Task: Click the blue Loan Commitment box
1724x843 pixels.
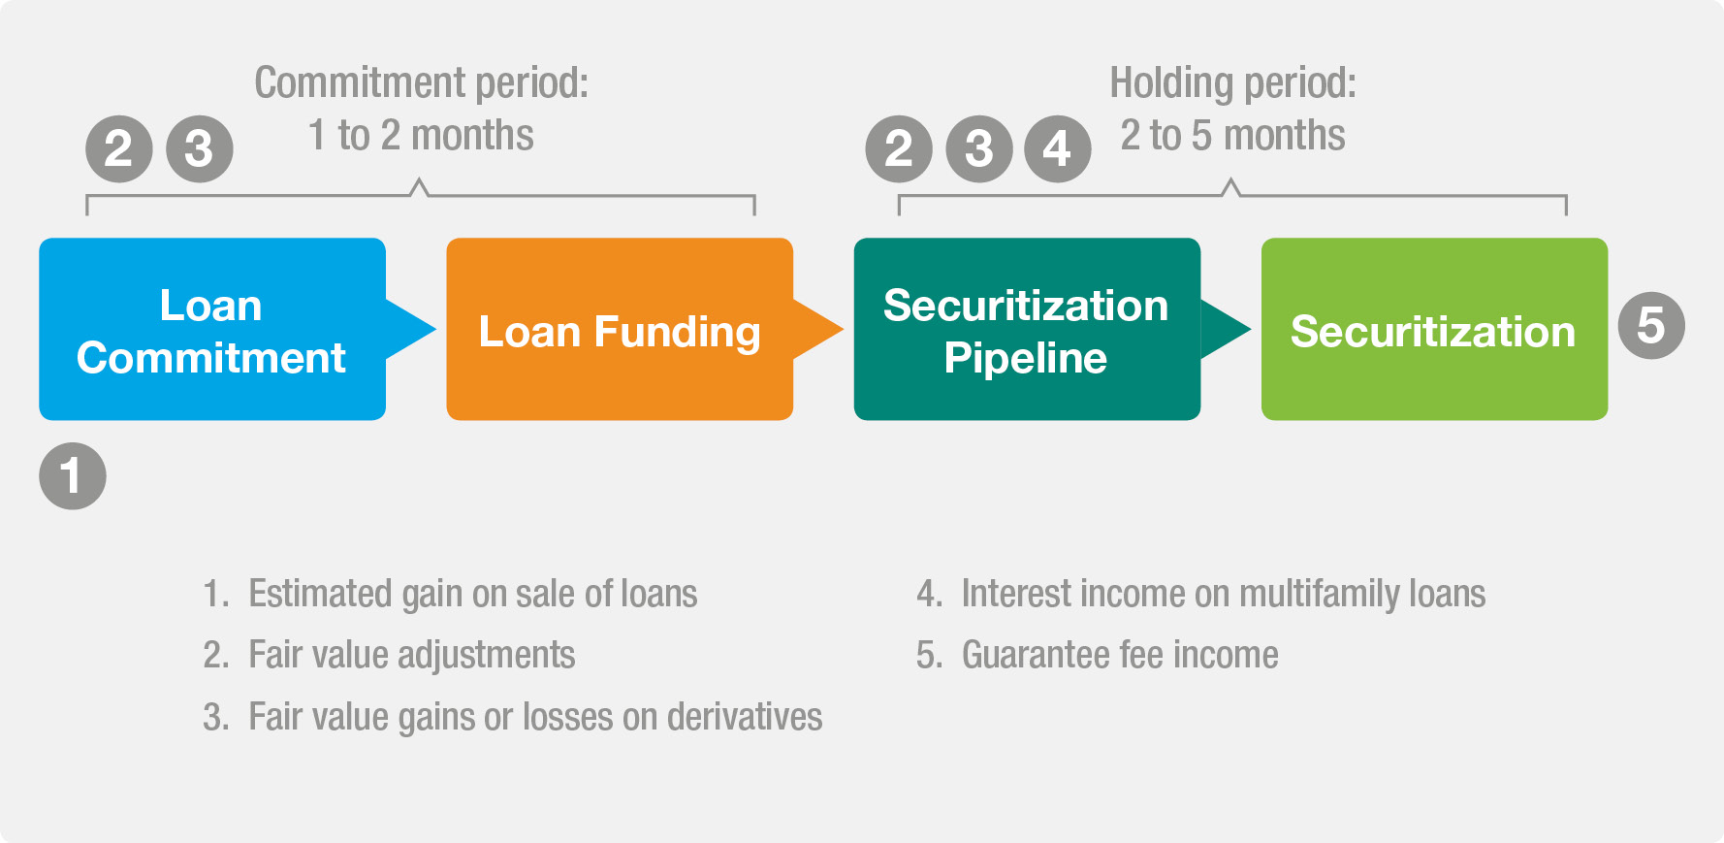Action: pos(212,329)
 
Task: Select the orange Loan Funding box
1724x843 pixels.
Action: pos(620,329)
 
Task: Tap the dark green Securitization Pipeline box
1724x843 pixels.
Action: pos(1027,329)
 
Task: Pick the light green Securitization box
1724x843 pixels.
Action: pos(1434,329)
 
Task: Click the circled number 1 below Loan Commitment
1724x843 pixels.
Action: pos(73,476)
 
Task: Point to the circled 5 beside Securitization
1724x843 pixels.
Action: pos(1651,326)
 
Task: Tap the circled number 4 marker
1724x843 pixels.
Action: pos(1058,149)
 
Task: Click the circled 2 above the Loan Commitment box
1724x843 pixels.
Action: pos(119,149)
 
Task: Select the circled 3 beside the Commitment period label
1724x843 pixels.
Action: pos(200,149)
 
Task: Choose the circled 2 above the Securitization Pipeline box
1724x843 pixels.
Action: pos(899,149)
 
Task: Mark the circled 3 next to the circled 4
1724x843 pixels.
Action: pos(979,149)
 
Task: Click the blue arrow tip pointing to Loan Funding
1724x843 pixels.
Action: pos(435,329)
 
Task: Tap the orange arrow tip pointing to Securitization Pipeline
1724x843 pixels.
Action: pos(843,329)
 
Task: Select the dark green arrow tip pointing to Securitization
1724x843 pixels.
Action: pos(1250,329)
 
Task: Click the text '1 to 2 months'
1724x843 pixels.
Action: pos(421,136)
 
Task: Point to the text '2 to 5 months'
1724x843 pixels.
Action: pos(1232,136)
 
